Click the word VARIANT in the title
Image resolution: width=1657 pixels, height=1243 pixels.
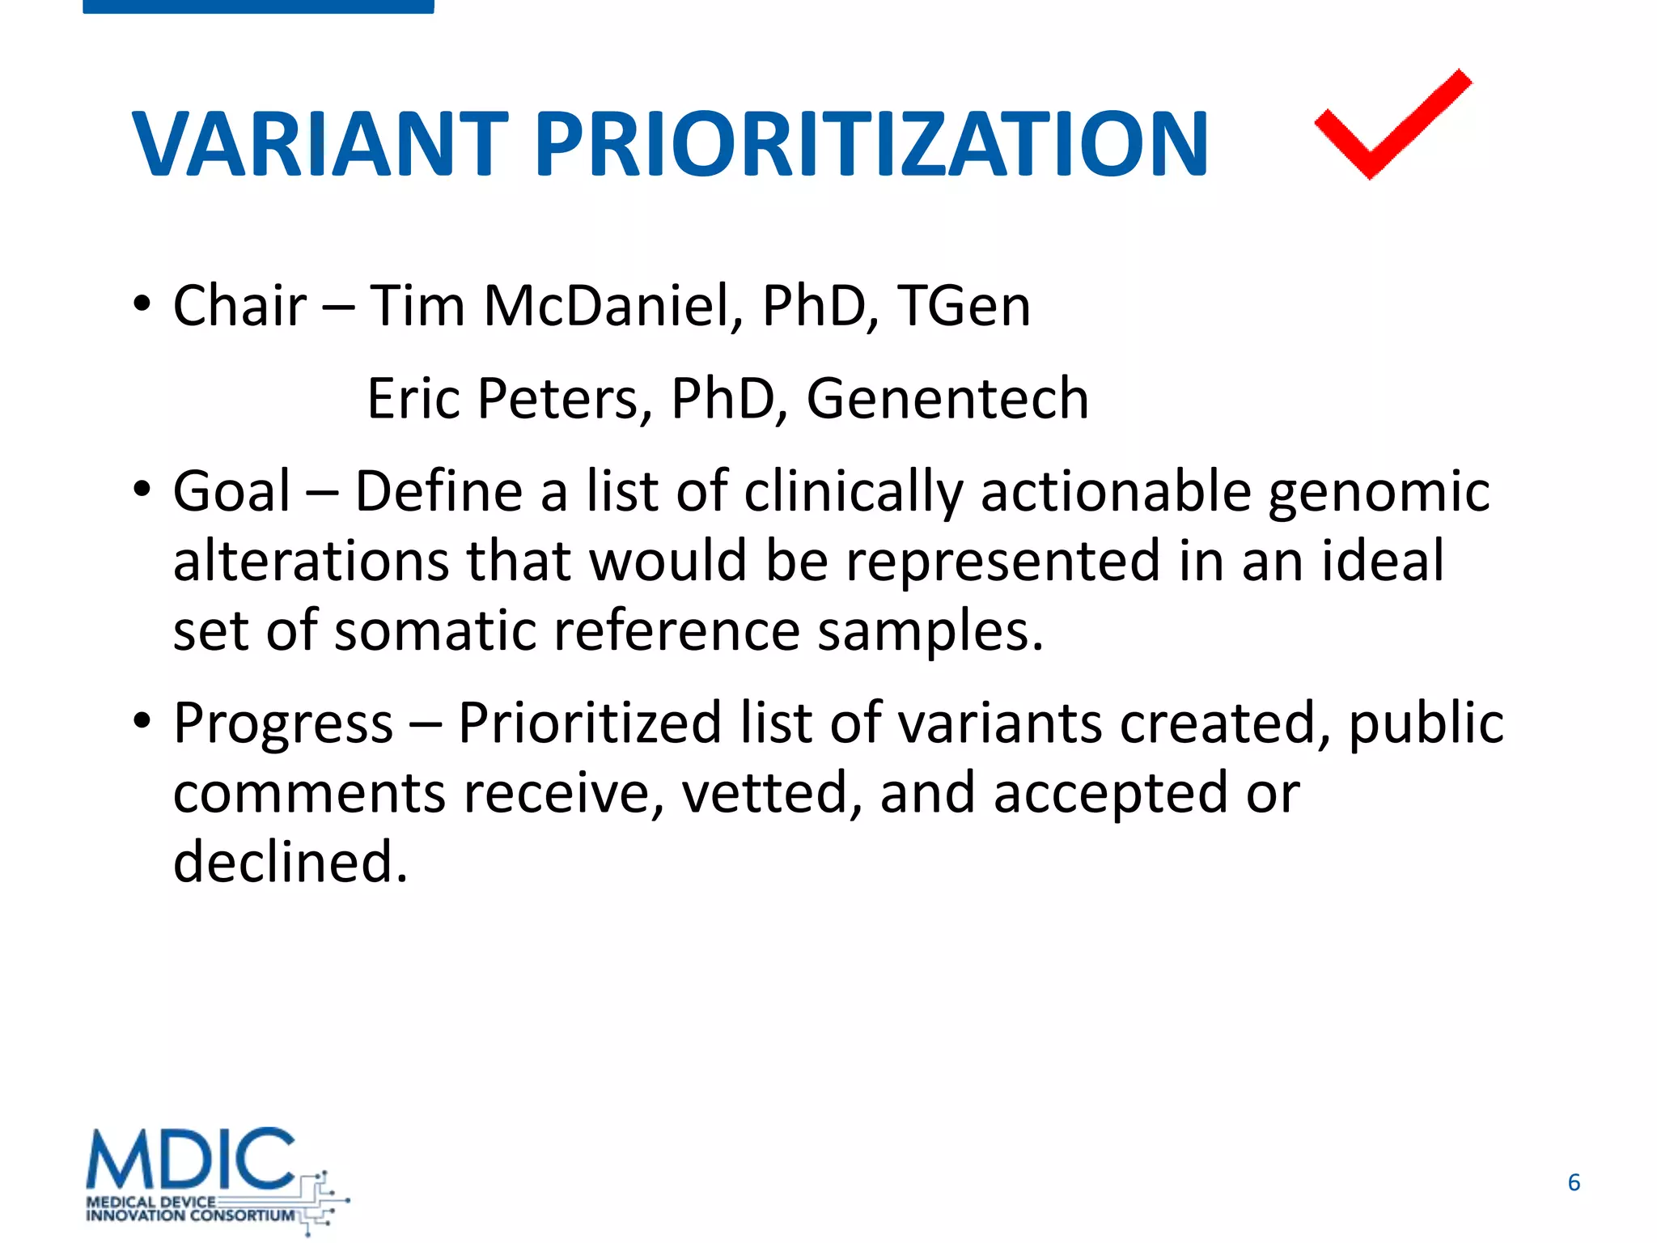pyautogui.click(x=320, y=145)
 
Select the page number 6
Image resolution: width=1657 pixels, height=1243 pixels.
pyautogui.click(x=1574, y=1182)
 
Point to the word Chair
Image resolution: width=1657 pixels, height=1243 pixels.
pyautogui.click(x=239, y=307)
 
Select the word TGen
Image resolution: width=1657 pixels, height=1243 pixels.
pyautogui.click(x=964, y=307)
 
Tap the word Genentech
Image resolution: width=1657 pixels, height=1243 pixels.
pyautogui.click(x=947, y=399)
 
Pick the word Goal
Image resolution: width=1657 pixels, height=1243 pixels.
pyautogui.click(x=231, y=491)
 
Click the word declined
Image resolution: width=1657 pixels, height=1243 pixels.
pyautogui.click(x=290, y=862)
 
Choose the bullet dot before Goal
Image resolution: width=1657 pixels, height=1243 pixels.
pyautogui.click(x=142, y=490)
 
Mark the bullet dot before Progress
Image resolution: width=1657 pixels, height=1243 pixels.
pyautogui.click(x=142, y=720)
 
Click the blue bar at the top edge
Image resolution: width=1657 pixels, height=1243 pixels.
pyautogui.click(x=258, y=6)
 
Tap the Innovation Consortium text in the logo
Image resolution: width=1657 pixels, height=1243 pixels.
pyautogui.click(x=191, y=1215)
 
